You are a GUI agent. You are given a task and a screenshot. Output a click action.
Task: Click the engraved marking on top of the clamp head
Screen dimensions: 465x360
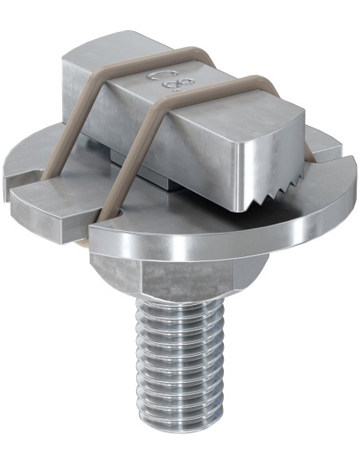pos(163,84)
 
